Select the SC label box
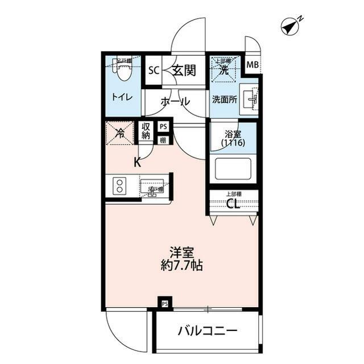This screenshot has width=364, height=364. point(153,71)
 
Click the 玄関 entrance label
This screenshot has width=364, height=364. point(184,71)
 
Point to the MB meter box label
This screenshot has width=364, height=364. point(252,65)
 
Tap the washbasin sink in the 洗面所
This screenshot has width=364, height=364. point(250,100)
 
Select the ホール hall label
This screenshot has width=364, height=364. point(175,102)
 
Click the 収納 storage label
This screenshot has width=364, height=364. point(146,131)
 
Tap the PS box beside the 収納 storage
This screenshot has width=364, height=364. point(163,127)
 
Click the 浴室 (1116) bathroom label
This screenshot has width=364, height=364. point(233,139)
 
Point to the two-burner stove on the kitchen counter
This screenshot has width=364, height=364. point(121,186)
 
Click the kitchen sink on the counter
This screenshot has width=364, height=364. point(152,186)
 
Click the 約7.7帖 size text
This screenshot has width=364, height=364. point(182,265)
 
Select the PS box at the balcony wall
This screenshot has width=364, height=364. point(164,303)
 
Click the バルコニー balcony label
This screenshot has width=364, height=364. point(206,331)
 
